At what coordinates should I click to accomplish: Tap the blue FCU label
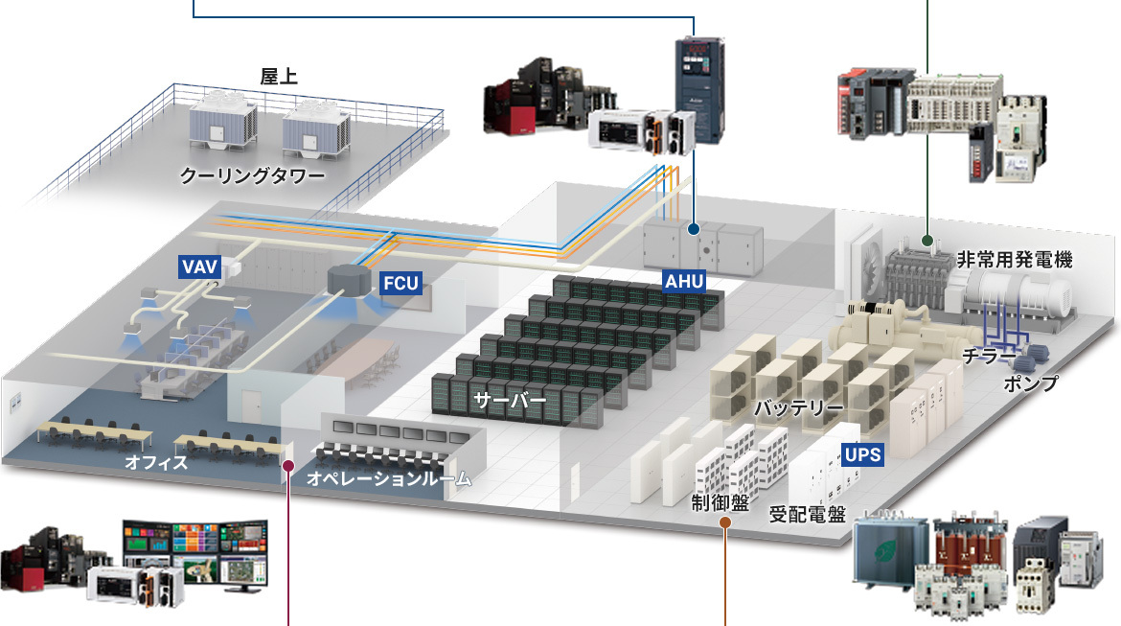(400, 283)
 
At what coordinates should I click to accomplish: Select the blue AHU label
(684, 281)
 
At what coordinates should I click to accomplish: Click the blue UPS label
(860, 453)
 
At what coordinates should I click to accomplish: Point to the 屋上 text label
(279, 77)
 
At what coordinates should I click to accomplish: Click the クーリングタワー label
(253, 176)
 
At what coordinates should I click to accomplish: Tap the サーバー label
(509, 400)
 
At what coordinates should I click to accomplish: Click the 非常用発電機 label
(1014, 259)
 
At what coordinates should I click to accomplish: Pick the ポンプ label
(1031, 383)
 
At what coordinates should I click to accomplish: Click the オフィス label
(156, 463)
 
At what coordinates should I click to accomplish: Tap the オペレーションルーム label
(389, 477)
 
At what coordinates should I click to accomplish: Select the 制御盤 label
(721, 502)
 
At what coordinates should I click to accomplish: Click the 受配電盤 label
(808, 514)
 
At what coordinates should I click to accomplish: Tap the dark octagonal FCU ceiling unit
(349, 278)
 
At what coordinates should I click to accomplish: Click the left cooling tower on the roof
(222, 123)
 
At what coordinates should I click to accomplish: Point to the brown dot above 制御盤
(725, 523)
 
